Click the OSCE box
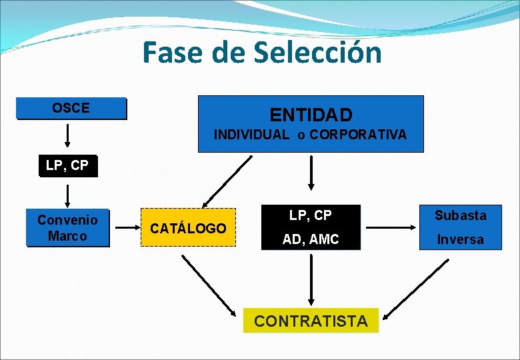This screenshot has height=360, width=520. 71,108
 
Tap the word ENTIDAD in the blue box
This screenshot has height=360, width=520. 311,115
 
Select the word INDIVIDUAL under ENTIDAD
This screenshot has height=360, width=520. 251,135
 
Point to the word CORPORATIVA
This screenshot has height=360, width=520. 358,135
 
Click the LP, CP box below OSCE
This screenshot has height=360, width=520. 67,166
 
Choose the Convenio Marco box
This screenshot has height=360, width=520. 67,227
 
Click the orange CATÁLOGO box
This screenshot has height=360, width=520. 188,228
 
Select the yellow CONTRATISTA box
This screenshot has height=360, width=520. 311,321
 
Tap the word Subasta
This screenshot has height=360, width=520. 461,215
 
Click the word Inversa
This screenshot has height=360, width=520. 461,239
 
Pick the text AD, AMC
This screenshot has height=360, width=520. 311,239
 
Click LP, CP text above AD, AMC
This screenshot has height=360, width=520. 311,215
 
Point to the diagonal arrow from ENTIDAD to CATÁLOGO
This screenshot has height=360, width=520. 227,181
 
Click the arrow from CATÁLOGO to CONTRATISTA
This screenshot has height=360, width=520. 209,285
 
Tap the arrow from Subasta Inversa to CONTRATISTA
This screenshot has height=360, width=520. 419,288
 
